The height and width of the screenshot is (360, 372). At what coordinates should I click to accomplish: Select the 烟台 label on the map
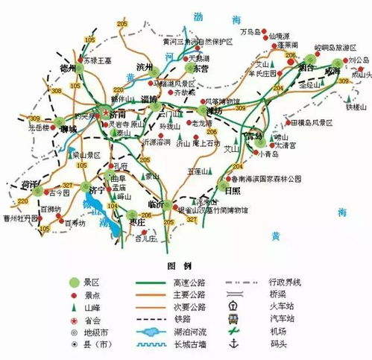tap(304, 66)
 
